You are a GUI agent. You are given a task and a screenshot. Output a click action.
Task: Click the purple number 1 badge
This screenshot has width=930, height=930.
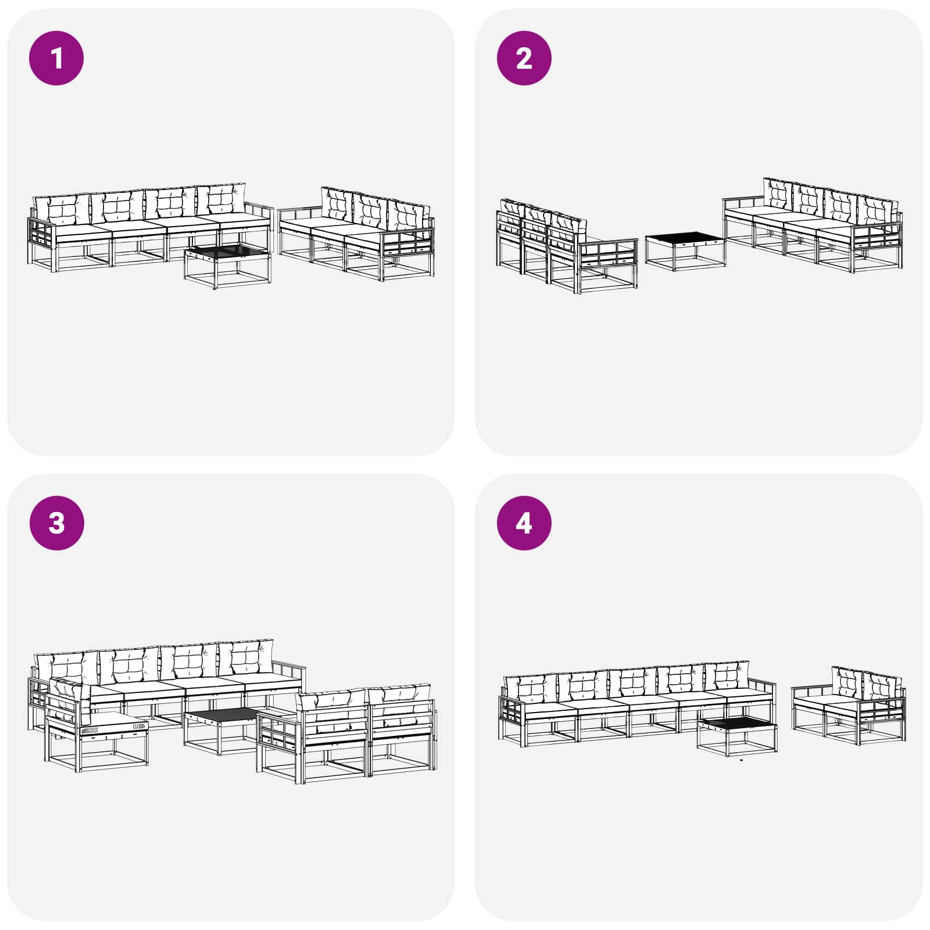click(x=56, y=58)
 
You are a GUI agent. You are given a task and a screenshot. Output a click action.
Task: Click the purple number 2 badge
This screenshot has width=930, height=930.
click(x=524, y=58)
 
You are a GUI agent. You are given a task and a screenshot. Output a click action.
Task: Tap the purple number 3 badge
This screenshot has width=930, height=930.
click(x=56, y=523)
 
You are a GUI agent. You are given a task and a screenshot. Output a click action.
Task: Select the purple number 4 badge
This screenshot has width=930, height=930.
click(x=524, y=523)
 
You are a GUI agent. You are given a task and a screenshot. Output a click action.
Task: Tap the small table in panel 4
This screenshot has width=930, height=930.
click(x=736, y=736)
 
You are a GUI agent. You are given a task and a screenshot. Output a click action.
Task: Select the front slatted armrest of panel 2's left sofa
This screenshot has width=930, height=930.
click(x=607, y=256)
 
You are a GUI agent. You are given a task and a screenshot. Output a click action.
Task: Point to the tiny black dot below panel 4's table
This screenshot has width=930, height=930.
click(x=741, y=759)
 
